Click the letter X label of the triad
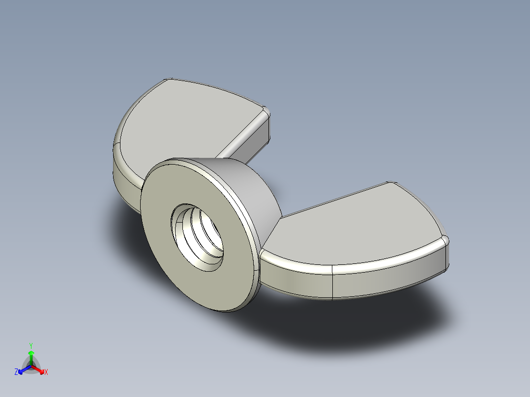click(x=46, y=372)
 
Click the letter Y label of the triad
click(x=31, y=345)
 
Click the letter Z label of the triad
click(x=16, y=372)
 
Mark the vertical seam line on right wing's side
click(x=333, y=283)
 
